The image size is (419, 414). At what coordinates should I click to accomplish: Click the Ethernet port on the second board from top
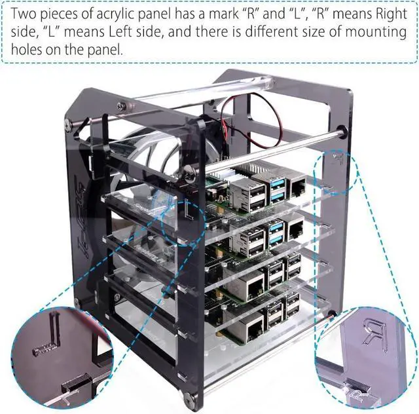295,229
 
